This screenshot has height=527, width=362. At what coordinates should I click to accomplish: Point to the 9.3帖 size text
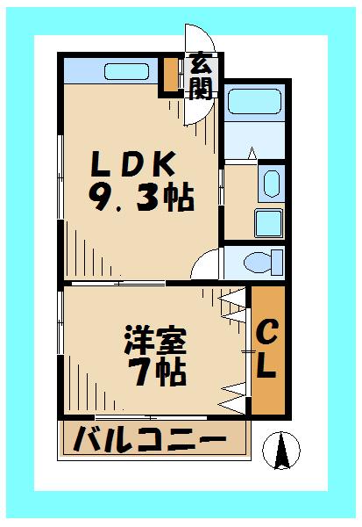140,198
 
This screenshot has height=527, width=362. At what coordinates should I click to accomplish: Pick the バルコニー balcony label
150,438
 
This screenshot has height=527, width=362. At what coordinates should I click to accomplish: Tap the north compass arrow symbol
283,451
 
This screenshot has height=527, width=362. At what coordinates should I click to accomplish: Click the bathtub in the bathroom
253,104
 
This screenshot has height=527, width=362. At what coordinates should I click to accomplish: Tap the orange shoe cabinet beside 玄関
169,76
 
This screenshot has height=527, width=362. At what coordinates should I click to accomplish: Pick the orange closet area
267,351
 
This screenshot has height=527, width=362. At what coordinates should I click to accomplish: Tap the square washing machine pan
267,222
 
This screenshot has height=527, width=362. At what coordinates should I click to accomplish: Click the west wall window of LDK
59,176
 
